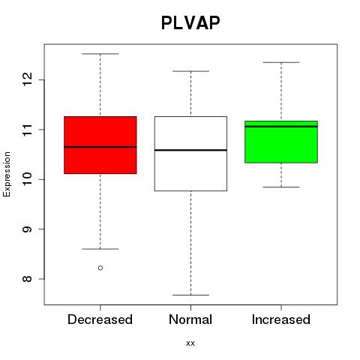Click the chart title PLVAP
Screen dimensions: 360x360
(x=190, y=23)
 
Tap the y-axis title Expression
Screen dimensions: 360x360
(x=7, y=174)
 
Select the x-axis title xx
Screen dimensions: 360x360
(x=190, y=343)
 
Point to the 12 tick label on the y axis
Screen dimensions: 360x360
(x=28, y=79)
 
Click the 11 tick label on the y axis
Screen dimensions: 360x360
(x=28, y=129)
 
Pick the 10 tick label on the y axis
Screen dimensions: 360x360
(x=28, y=179)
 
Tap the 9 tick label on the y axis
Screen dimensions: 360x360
(x=28, y=229)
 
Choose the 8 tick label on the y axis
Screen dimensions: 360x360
(x=28, y=279)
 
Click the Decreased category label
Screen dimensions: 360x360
(x=100, y=319)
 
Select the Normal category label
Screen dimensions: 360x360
(x=190, y=319)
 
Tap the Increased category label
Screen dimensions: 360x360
(x=281, y=319)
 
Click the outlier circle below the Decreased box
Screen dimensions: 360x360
(x=100, y=268)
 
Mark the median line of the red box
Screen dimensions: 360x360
(x=100, y=147)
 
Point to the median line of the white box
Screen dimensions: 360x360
(x=190, y=150)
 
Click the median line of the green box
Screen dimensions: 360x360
(x=281, y=127)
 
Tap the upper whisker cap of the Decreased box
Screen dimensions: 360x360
(x=100, y=54)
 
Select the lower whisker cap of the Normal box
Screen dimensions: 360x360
(x=190, y=295)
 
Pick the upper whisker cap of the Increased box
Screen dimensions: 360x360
(x=281, y=62)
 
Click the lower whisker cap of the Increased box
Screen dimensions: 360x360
(x=281, y=187)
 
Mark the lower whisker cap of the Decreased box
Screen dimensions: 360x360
(x=100, y=249)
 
